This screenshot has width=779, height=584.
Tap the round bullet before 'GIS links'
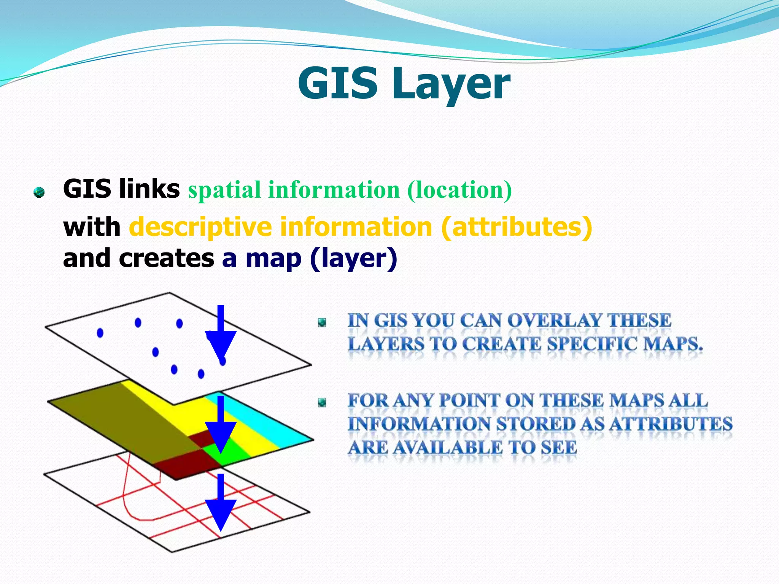tap(39, 192)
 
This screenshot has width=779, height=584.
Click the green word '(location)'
tap(459, 190)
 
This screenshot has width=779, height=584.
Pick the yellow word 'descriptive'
tap(200, 227)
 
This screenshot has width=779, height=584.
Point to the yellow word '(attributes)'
tap(517, 227)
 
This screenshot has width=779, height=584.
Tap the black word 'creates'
tap(167, 259)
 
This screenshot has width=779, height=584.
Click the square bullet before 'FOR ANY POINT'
tap(322, 402)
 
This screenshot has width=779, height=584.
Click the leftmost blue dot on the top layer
tap(100, 333)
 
